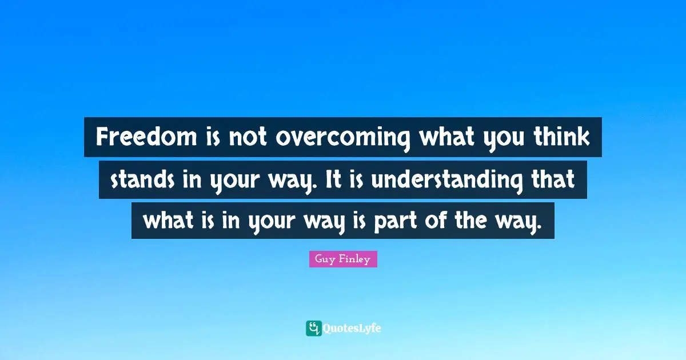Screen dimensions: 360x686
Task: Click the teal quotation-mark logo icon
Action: [x=313, y=328]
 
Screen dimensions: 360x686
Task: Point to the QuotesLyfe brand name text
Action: [x=352, y=328]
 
